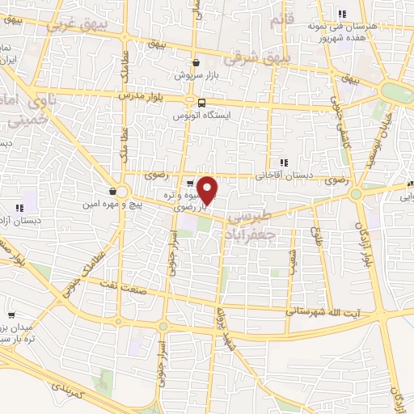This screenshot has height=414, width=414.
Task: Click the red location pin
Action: [x=208, y=190]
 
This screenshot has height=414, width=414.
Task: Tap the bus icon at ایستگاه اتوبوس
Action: [x=196, y=102]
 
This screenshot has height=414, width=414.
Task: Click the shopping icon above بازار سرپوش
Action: [x=196, y=61]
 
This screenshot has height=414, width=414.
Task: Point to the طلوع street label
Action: [x=317, y=236]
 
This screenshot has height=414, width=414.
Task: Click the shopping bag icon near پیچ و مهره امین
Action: [x=111, y=192]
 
